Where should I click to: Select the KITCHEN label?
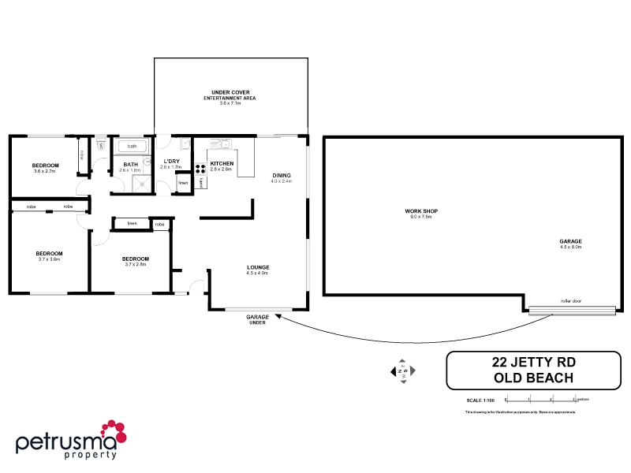[222, 162]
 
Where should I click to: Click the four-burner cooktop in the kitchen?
[200, 167]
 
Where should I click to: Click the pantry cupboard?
[202, 182]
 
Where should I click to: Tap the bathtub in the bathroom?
[132, 146]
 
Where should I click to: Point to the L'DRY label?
[170, 161]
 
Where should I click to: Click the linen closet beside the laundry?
[183, 182]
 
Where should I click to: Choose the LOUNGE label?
[258, 267]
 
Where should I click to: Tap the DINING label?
[282, 175]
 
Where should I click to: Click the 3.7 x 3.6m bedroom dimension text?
[49, 259]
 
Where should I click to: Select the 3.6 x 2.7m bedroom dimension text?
[45, 171]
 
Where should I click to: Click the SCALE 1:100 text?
[480, 400]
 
